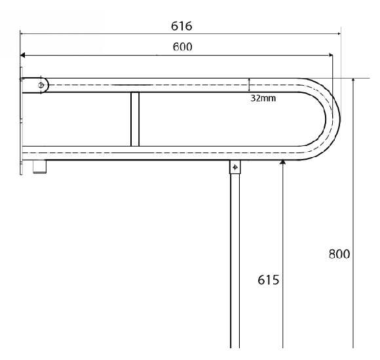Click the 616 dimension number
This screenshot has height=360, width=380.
click(181, 26)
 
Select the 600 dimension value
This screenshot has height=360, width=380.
click(182, 48)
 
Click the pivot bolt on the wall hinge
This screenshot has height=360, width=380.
click(41, 85)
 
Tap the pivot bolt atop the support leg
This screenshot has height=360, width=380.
click(235, 168)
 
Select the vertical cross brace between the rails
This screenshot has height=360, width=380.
click(135, 119)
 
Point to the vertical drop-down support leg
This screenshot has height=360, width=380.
click(235, 262)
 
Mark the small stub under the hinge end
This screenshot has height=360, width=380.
click(40, 168)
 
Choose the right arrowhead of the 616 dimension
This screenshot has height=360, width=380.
click(338, 33)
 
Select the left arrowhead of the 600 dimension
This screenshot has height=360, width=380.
click(22, 56)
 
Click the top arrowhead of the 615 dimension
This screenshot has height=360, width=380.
click(282, 161)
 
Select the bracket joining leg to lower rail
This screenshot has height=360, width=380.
click(235, 168)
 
